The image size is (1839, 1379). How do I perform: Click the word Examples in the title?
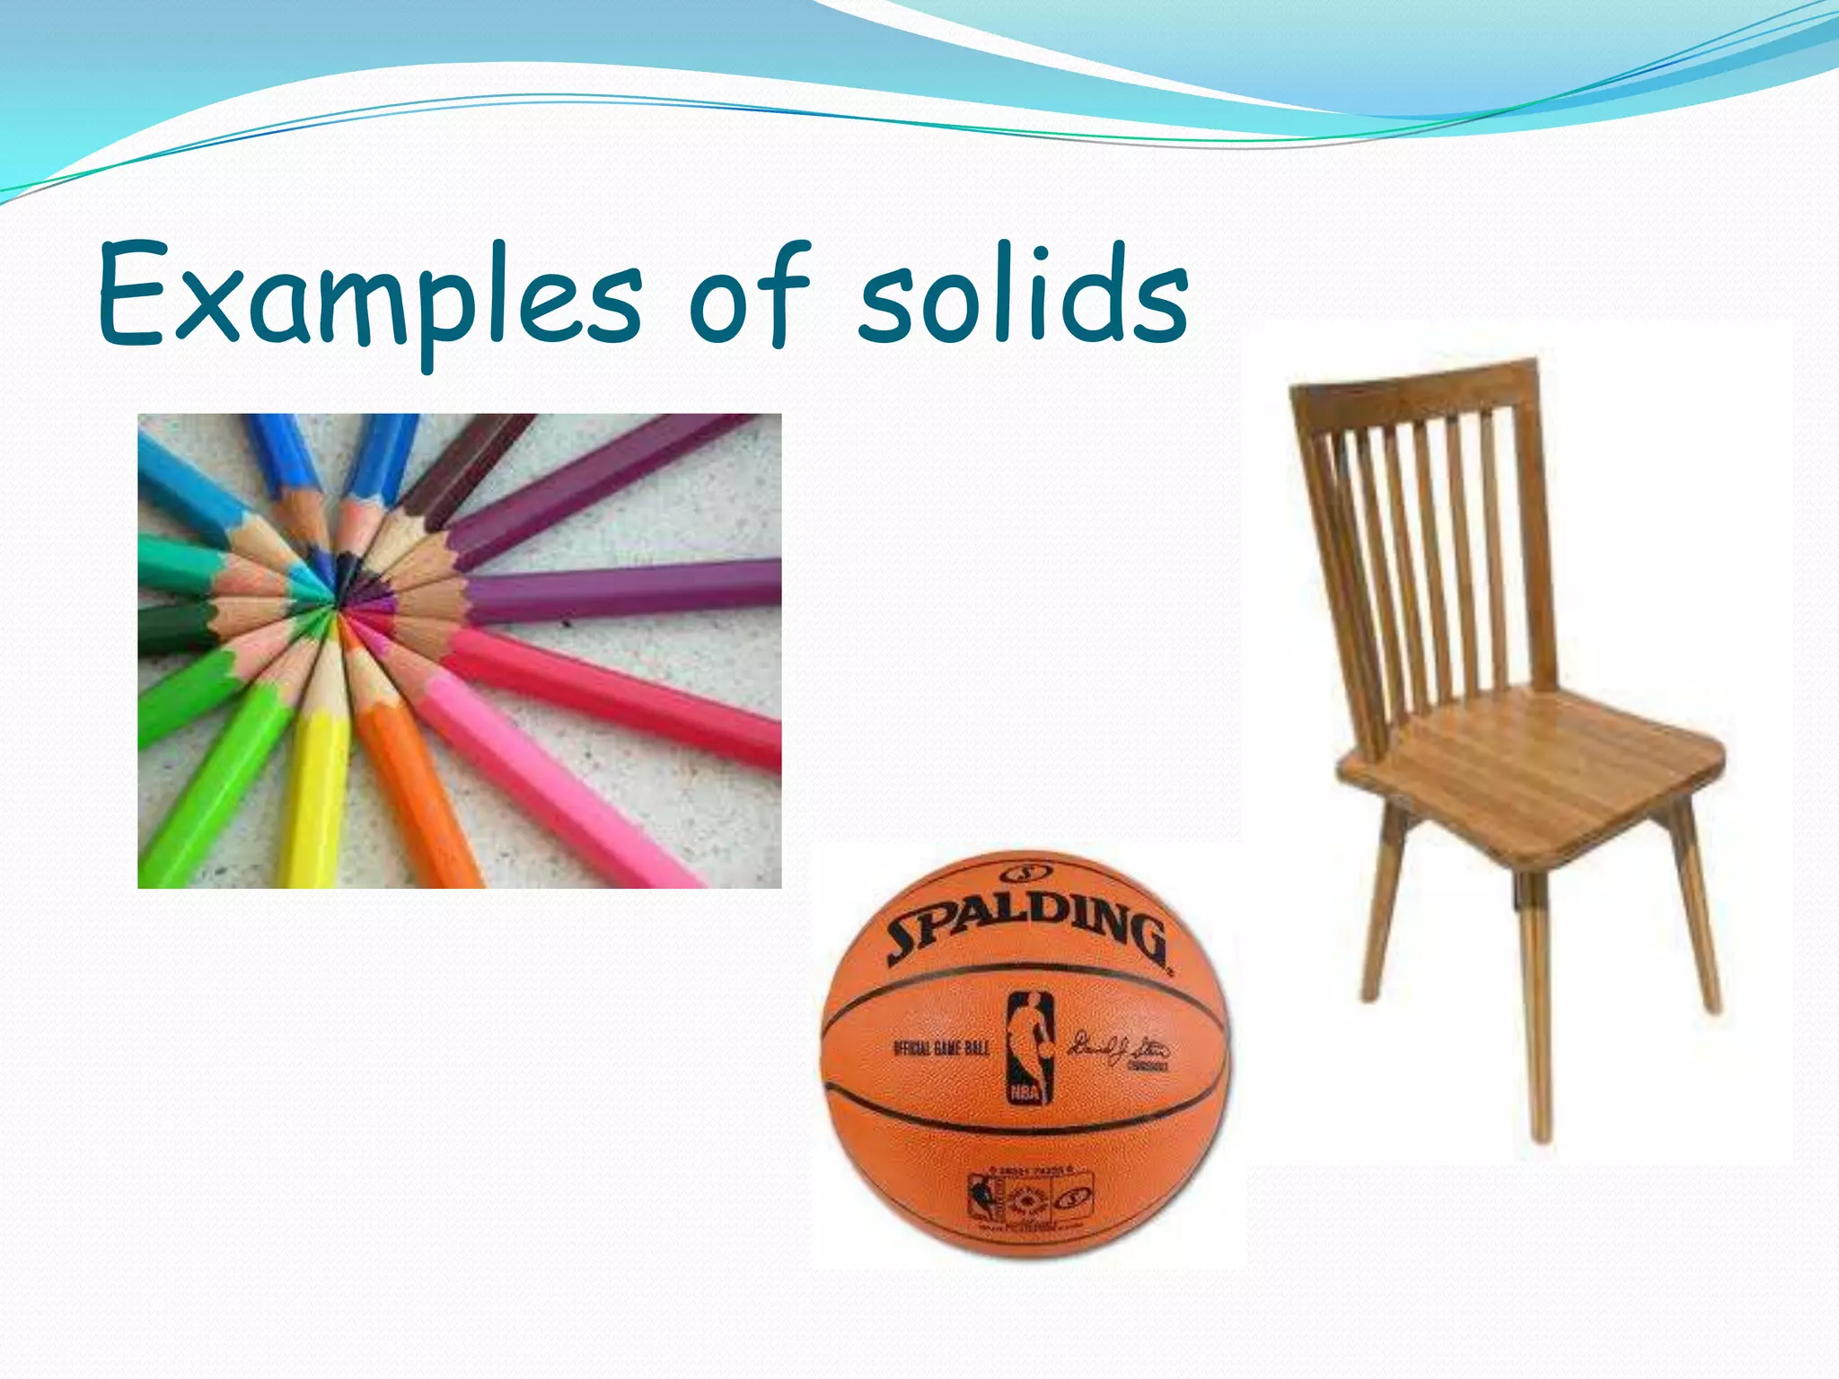click(x=368, y=296)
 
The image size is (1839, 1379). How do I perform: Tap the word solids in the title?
click(x=1024, y=296)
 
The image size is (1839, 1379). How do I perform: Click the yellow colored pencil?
click(x=314, y=790)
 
